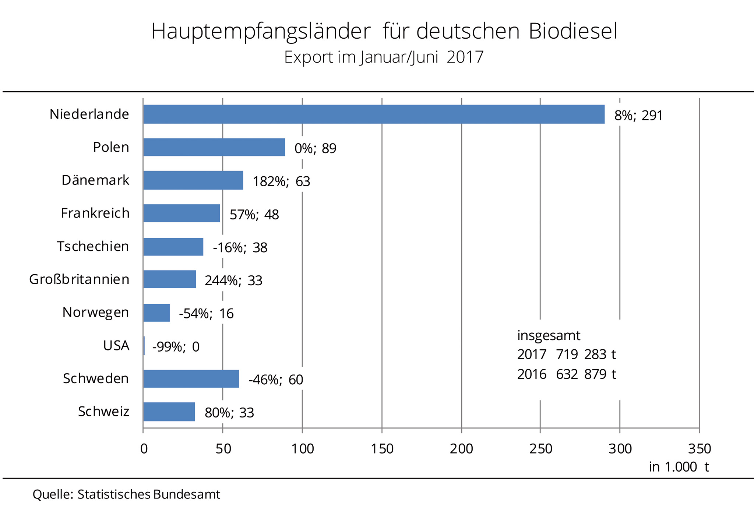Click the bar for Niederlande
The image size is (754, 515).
(374, 114)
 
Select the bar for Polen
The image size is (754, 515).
(214, 147)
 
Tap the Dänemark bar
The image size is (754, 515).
(193, 180)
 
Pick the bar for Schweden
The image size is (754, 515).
(191, 378)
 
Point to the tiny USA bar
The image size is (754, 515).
(144, 346)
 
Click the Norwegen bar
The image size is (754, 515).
(156, 313)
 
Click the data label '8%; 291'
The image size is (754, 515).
(638, 116)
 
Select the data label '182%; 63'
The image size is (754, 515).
(281, 181)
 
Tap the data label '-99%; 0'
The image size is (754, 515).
(176, 347)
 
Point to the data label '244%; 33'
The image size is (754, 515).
(233, 281)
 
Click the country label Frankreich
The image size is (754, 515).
(95, 213)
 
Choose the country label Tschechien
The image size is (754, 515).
(93, 246)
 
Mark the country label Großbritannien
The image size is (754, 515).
(79, 279)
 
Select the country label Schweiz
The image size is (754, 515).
(103, 412)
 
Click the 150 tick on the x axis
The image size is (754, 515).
(382, 449)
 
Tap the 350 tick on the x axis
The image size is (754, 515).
(700, 449)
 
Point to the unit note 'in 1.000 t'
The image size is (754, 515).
(679, 467)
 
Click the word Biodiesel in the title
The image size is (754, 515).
(573, 31)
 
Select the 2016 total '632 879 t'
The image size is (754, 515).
(586, 374)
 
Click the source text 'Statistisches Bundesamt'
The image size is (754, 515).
(149, 494)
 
